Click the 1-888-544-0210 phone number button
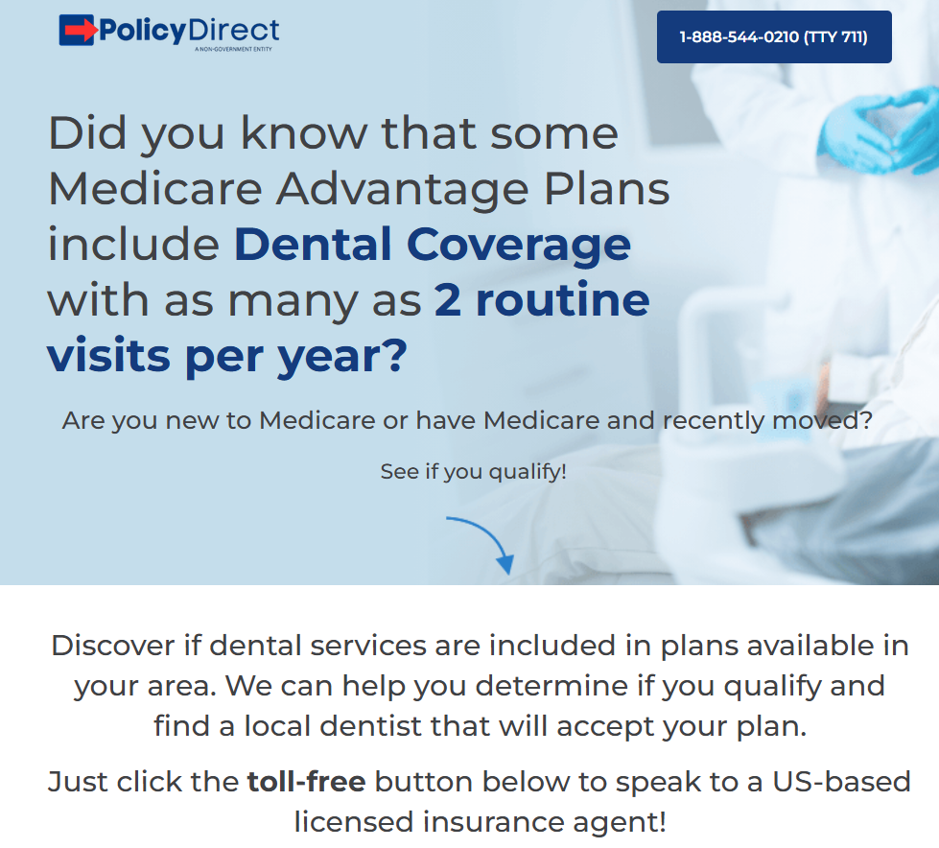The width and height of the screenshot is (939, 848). [774, 36]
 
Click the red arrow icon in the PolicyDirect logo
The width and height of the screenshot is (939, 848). [78, 30]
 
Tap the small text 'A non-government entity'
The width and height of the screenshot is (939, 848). [233, 49]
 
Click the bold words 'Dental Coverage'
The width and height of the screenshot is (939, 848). [432, 245]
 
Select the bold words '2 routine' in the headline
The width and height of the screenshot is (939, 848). [541, 299]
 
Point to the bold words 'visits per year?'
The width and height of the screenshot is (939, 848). [227, 356]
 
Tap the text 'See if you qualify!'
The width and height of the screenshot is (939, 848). [473, 471]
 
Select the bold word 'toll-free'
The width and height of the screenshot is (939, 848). [306, 782]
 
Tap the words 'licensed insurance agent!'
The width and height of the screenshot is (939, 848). [481, 822]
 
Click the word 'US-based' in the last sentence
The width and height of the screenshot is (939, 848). [841, 782]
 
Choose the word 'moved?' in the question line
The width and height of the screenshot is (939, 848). [822, 420]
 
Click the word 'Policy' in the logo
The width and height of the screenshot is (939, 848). [143, 31]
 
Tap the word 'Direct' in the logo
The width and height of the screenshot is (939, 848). [234, 30]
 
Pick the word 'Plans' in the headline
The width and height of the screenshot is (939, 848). [606, 189]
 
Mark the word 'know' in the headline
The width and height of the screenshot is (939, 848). [304, 133]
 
